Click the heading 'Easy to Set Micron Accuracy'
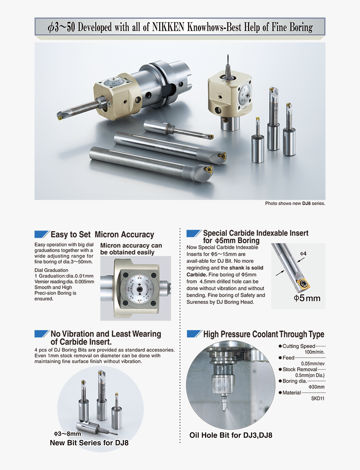[x=102, y=235]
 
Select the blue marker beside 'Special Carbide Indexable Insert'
[x=193, y=233]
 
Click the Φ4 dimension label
[x=303, y=254]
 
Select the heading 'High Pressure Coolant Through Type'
[x=263, y=334]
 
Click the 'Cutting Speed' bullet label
[x=298, y=346]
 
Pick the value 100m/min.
[x=314, y=352]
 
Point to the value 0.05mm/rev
[x=313, y=363]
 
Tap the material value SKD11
[x=318, y=398]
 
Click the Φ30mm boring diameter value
[x=316, y=387]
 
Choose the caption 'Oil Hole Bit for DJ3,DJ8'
[x=231, y=435]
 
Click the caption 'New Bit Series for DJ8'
[x=89, y=442]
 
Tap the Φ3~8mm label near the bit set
[x=67, y=434]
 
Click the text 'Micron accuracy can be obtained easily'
[x=131, y=249]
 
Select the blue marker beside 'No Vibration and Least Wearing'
[x=41, y=334]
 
